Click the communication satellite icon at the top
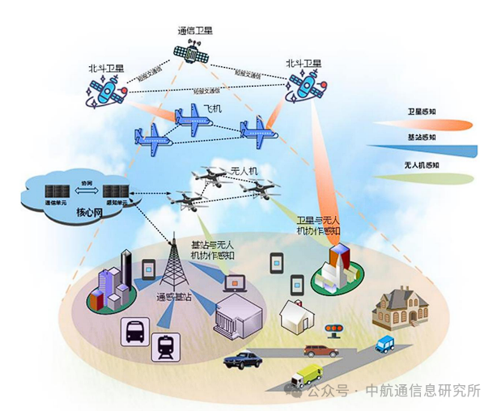(192, 53)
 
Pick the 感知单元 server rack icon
(113, 193)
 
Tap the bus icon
(133, 328)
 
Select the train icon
(167, 346)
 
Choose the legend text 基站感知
(422, 138)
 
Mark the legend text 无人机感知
(422, 164)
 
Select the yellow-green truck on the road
(308, 374)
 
